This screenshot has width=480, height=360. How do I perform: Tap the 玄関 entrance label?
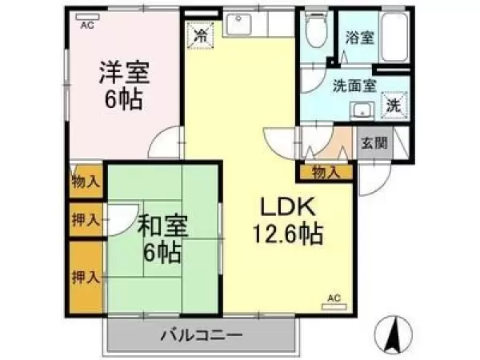pos(374,144)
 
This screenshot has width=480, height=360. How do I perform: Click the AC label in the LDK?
pos(334,298)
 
